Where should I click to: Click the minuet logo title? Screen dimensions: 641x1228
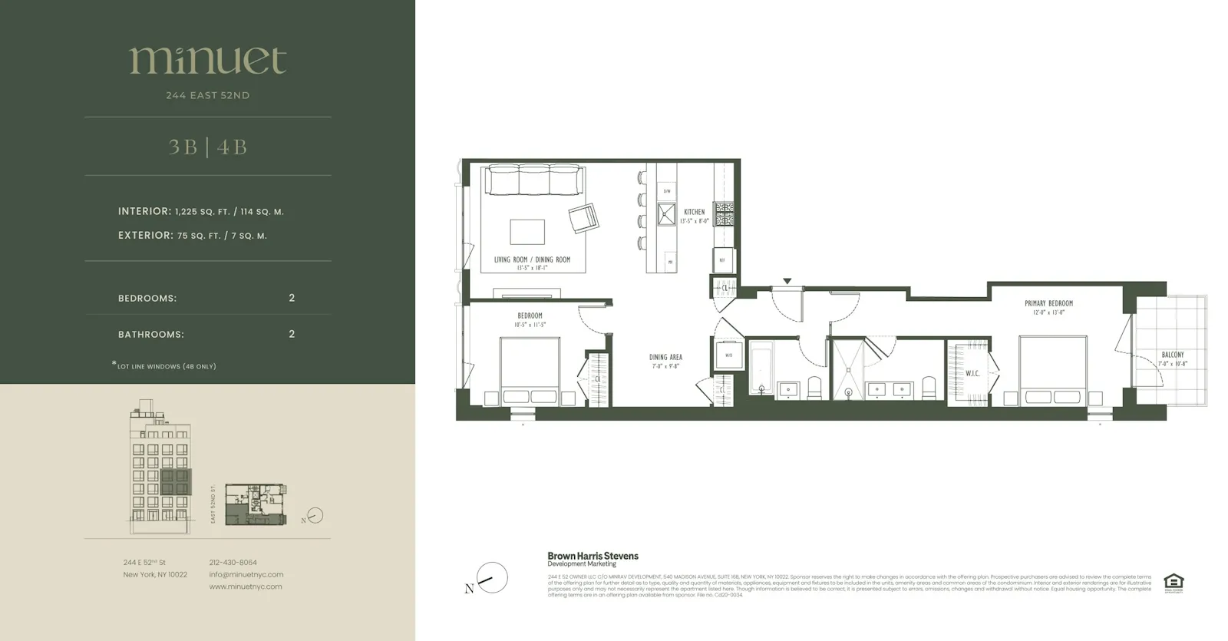pyautogui.click(x=207, y=61)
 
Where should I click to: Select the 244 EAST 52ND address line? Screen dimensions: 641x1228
pyautogui.click(x=207, y=95)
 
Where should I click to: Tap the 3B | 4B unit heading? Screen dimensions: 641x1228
pyautogui.click(x=207, y=147)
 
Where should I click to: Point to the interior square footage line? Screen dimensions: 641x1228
pyautogui.click(x=201, y=211)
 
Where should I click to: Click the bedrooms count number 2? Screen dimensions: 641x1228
pyautogui.click(x=292, y=298)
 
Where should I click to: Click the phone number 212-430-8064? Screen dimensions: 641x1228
pyautogui.click(x=233, y=563)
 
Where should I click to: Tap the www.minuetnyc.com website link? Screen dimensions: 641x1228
pyautogui.click(x=246, y=586)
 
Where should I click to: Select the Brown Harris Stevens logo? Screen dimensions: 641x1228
pyautogui.click(x=593, y=558)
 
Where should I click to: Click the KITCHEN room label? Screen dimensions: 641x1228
pyautogui.click(x=694, y=212)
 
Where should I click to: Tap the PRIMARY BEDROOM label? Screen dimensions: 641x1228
pyautogui.click(x=1048, y=303)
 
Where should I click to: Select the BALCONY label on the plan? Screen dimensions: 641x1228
pyautogui.click(x=1172, y=355)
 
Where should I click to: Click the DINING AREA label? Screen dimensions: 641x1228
pyautogui.click(x=665, y=357)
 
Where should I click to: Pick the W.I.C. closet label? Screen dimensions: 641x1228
pyautogui.click(x=972, y=374)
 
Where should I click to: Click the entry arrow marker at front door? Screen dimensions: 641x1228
pyautogui.click(x=787, y=282)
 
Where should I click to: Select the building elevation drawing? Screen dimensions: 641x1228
pyautogui.click(x=160, y=468)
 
